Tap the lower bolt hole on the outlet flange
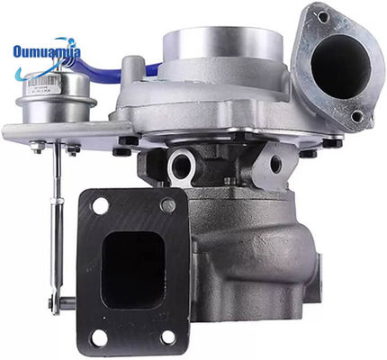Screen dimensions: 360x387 [x=356, y=115]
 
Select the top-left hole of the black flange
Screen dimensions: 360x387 [x=99, y=204]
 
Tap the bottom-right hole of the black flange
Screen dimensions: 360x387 [x=168, y=337]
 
